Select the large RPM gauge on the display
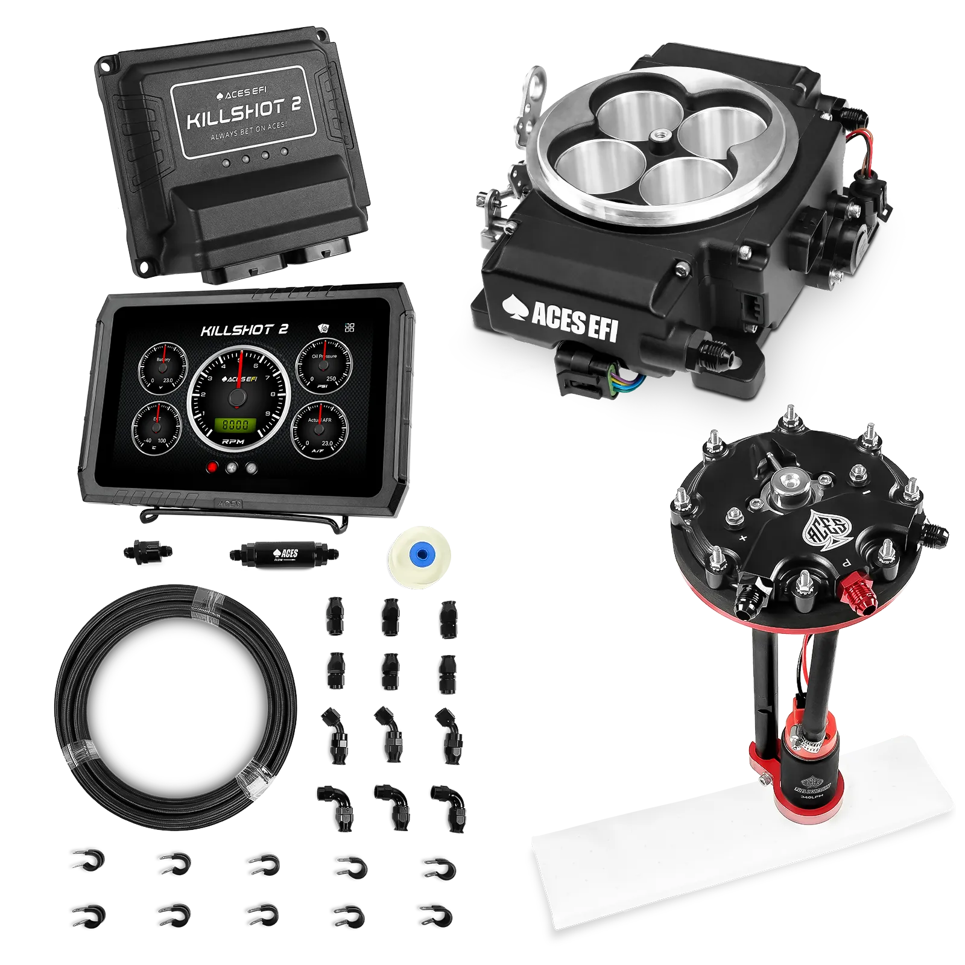(x=239, y=398)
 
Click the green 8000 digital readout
(x=236, y=425)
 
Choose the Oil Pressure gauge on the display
(x=324, y=365)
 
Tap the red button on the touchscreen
(x=212, y=467)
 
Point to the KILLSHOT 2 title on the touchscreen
(x=244, y=330)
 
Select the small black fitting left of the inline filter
(x=147, y=551)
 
